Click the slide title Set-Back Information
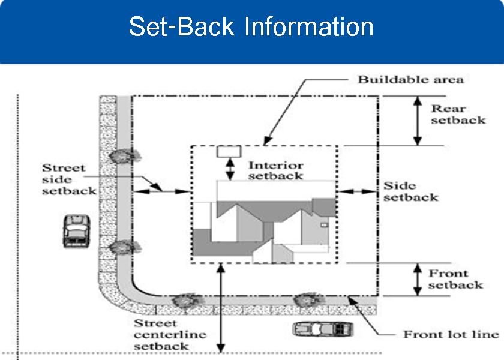click(x=251, y=27)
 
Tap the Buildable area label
click(x=410, y=79)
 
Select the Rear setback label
click(x=457, y=114)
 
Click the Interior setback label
click(x=276, y=170)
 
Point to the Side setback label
click(x=410, y=191)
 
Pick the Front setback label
click(x=455, y=279)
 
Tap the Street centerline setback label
click(x=169, y=334)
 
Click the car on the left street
click(x=76, y=230)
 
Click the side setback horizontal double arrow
click(x=358, y=191)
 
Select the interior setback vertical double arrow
click(x=229, y=168)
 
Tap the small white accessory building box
click(x=229, y=151)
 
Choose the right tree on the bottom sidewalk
click(x=308, y=298)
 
